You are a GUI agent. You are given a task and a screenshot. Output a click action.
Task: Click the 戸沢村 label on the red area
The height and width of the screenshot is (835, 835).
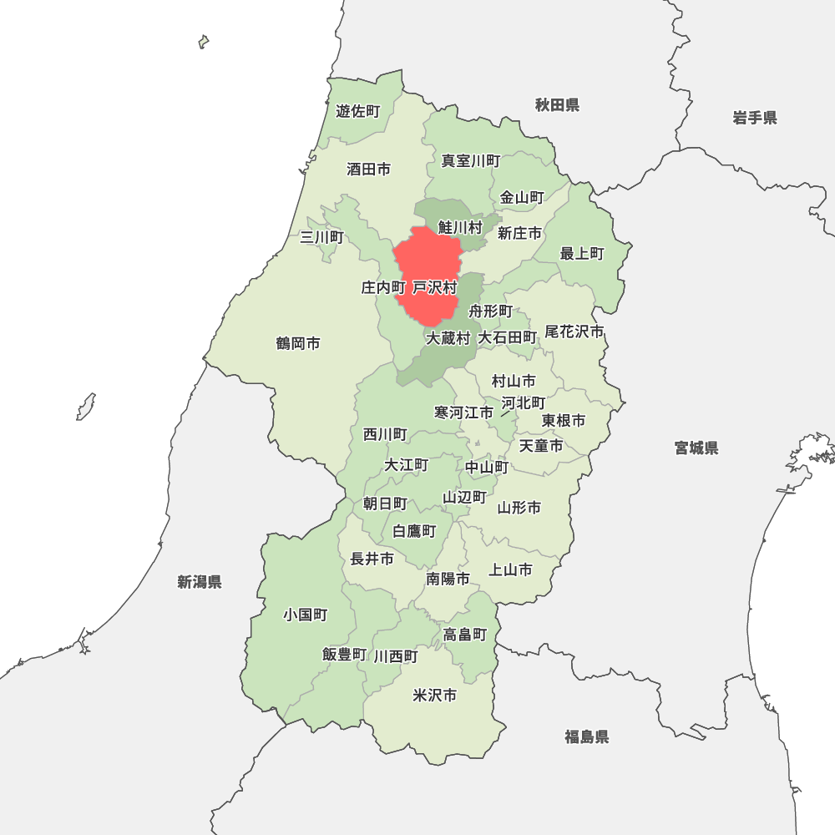pyautogui.click(x=435, y=288)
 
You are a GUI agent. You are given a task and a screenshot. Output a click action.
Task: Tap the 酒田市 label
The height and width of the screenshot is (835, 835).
pyautogui.click(x=368, y=170)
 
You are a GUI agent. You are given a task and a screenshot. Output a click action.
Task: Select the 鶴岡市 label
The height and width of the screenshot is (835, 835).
pyautogui.click(x=298, y=343)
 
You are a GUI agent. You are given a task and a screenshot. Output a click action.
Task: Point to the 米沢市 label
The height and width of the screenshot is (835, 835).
pyautogui.click(x=435, y=695)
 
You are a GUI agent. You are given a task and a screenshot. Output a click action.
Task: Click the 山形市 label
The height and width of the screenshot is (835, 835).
pyautogui.click(x=519, y=508)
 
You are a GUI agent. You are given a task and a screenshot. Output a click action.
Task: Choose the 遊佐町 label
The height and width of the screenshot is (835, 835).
pyautogui.click(x=357, y=111)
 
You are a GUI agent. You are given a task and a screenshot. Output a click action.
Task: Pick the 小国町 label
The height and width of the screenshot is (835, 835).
pyautogui.click(x=305, y=615)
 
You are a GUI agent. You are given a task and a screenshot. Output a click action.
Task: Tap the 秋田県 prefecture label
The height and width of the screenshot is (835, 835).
pyautogui.click(x=557, y=105)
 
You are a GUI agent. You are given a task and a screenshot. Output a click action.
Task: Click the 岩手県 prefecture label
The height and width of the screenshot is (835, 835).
pyautogui.click(x=755, y=118)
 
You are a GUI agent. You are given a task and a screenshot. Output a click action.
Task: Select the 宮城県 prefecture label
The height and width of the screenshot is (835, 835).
pyautogui.click(x=696, y=448)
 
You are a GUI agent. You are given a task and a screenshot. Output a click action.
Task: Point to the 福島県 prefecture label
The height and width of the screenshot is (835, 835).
pyautogui.click(x=586, y=736)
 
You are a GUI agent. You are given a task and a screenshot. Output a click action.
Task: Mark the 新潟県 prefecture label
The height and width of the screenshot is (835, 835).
pyautogui.click(x=200, y=582)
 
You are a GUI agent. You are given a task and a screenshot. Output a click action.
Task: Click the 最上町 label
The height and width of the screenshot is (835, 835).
pyautogui.click(x=582, y=253)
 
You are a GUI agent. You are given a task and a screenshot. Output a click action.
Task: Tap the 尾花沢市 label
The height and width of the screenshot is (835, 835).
pyautogui.click(x=574, y=331)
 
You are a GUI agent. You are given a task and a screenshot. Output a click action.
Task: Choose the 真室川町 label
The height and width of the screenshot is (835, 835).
pyautogui.click(x=471, y=160)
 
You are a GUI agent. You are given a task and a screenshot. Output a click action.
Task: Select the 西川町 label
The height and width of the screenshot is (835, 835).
pyautogui.click(x=385, y=434)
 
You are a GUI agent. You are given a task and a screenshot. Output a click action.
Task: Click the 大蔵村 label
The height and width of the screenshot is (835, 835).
pyautogui.click(x=448, y=338)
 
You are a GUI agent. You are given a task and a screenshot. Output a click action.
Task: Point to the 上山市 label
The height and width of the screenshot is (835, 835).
pyautogui.click(x=510, y=570)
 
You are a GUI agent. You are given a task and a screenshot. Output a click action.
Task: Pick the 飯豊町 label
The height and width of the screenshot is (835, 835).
pyautogui.click(x=344, y=655)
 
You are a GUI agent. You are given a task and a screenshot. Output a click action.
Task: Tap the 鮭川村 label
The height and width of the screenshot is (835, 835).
pyautogui.click(x=461, y=227)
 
